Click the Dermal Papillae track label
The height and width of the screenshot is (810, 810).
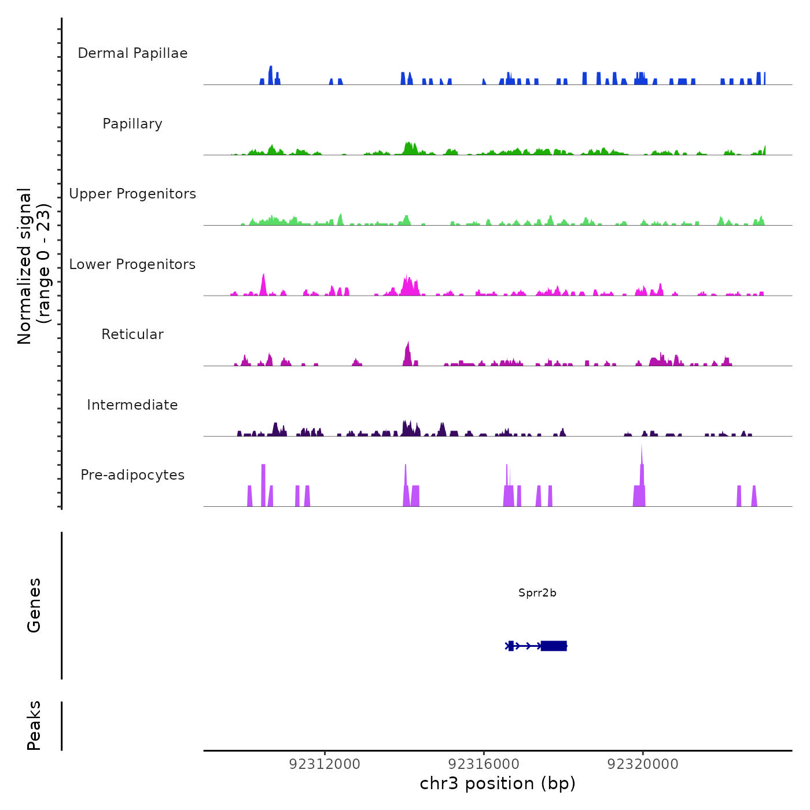(x=132, y=53)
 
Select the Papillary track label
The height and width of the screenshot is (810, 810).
(x=132, y=124)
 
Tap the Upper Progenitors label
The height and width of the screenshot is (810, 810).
(x=132, y=194)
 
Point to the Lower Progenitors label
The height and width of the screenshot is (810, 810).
(x=132, y=264)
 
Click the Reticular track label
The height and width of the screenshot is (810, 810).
(x=132, y=334)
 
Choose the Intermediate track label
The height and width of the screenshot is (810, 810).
(x=132, y=405)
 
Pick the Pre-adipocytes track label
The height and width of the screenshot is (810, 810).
(x=132, y=475)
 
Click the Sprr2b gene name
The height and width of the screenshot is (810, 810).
(x=537, y=593)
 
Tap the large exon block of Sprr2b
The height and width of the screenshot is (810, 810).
(x=554, y=646)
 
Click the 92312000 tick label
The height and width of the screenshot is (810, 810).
(x=325, y=764)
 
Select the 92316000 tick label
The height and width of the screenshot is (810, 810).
(x=484, y=764)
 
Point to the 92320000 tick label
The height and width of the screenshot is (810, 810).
(x=643, y=764)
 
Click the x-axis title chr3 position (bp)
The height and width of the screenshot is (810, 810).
(x=498, y=783)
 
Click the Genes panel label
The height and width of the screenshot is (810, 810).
(x=34, y=605)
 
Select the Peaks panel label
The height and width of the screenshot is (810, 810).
(x=34, y=726)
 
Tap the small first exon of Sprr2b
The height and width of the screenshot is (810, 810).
(x=511, y=646)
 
